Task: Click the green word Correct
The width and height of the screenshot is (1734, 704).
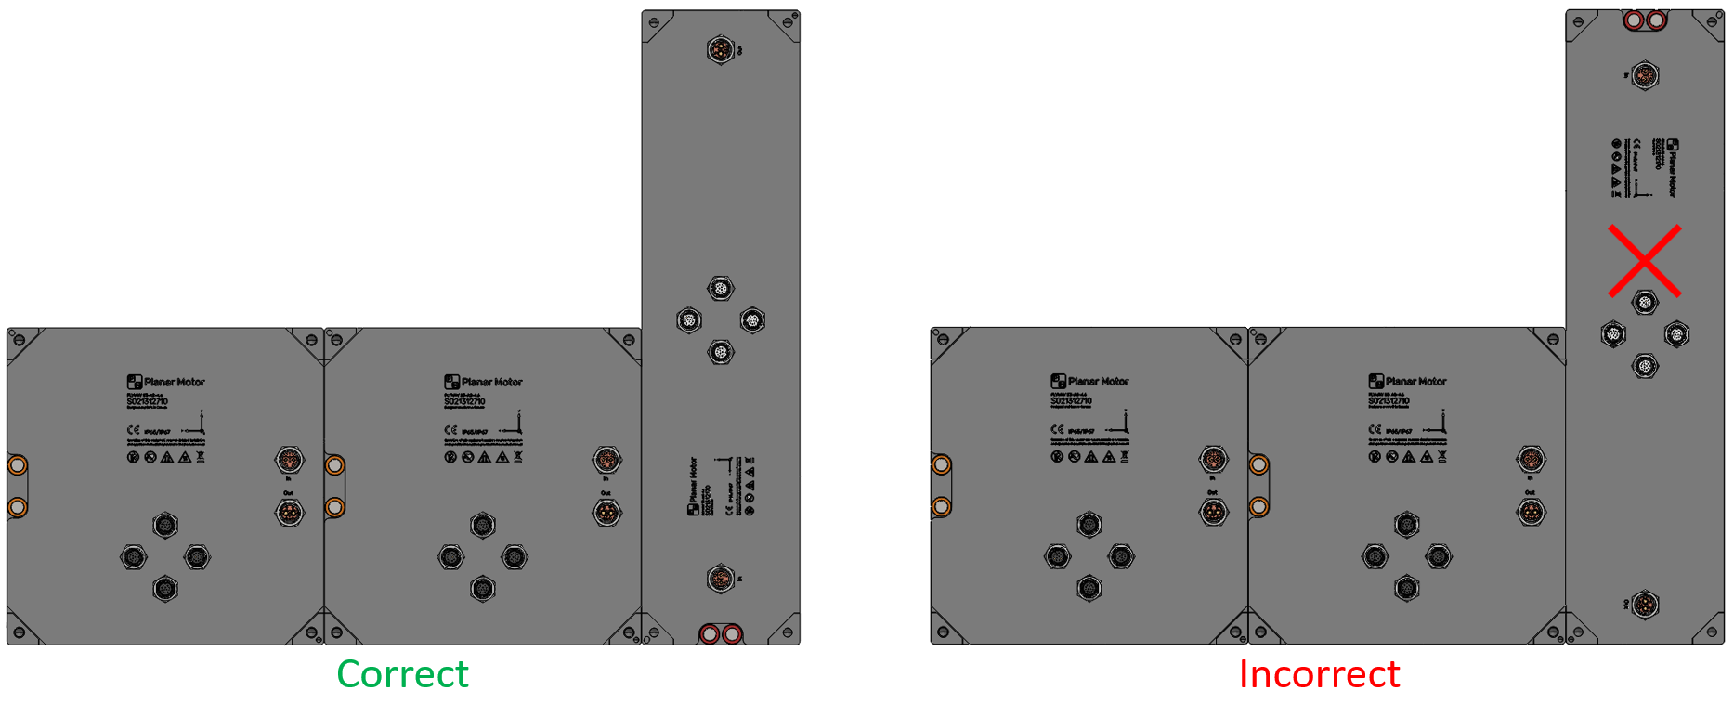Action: coord(402,674)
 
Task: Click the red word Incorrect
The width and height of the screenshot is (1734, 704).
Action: coord(1319,674)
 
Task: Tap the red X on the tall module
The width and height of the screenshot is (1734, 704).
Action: coord(1644,261)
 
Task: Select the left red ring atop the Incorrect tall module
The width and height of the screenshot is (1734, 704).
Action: coord(1635,20)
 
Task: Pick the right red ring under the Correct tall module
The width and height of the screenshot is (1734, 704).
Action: coord(732,634)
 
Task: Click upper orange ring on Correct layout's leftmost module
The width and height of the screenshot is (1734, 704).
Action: coord(17,464)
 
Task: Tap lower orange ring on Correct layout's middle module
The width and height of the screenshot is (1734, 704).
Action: coord(334,507)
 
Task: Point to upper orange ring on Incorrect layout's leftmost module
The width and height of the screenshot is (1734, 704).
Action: coord(941,464)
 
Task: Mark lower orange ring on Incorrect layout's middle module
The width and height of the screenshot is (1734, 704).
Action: coord(1258,506)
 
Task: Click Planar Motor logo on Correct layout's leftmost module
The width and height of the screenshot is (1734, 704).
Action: coord(135,382)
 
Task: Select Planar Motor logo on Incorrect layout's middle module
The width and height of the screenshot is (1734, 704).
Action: coord(1375,381)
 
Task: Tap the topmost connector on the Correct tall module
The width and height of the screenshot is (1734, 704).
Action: coord(720,49)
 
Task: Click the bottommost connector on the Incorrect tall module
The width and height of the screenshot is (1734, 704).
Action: coord(1645,605)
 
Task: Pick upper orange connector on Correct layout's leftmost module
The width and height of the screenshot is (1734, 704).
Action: coord(289,459)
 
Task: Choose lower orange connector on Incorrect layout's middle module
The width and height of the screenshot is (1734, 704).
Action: coord(1531,512)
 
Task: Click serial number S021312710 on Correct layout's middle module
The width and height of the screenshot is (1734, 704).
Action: coord(464,402)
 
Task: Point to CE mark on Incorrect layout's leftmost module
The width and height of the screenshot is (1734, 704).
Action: coord(1057,429)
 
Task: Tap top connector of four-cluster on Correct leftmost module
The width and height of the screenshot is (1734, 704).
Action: coord(164,525)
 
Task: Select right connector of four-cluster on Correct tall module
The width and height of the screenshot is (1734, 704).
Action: coord(751,320)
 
